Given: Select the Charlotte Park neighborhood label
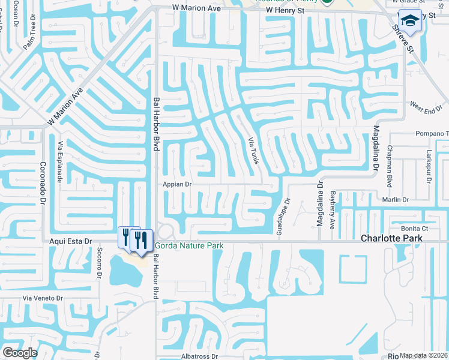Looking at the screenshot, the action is (x=391, y=238).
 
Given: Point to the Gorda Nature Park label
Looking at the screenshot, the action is (x=190, y=245).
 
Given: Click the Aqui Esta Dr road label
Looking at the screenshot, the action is (x=71, y=241).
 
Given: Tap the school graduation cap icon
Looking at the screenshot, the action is (x=411, y=21).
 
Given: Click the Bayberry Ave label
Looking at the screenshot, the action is (x=332, y=210).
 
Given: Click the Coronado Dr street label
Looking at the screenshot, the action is (x=43, y=184).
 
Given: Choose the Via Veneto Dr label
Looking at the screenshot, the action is (x=43, y=298).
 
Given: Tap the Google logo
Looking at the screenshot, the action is (x=20, y=352).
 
